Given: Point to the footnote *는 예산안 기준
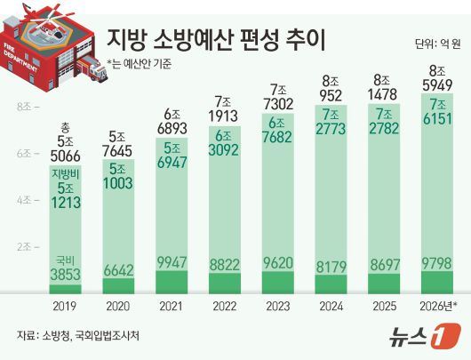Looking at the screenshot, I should [140, 62].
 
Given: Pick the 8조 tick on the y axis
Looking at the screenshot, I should [24, 108].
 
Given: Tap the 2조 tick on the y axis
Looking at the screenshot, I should [24, 245].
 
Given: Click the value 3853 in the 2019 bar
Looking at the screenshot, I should [67, 275].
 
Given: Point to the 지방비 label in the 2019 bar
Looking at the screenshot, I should [67, 173].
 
